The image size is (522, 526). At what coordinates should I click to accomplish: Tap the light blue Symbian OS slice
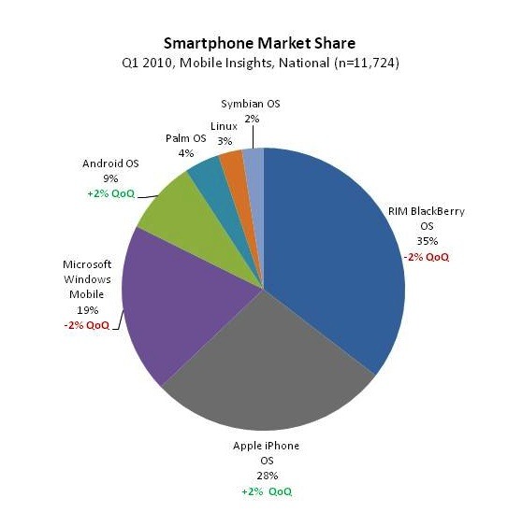(x=254, y=160)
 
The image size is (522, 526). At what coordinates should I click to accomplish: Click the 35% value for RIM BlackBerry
(x=426, y=239)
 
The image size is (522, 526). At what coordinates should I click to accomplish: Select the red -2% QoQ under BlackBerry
(x=426, y=254)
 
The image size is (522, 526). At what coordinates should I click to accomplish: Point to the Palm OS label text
(x=187, y=137)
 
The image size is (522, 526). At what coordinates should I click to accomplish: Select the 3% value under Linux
(x=225, y=139)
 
